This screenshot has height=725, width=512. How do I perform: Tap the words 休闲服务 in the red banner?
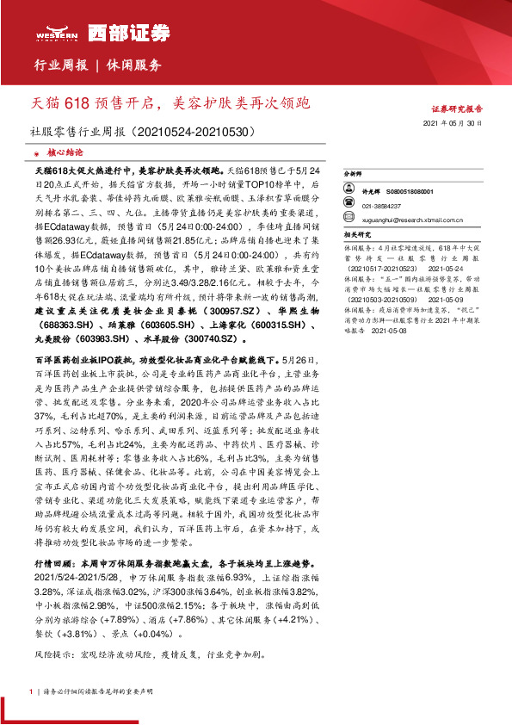(x=134, y=65)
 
